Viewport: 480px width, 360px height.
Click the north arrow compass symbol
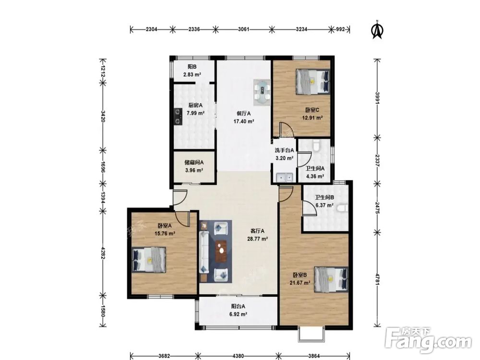(x=377, y=30)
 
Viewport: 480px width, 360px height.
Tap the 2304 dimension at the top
(x=151, y=29)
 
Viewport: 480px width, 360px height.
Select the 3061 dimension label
(x=244, y=29)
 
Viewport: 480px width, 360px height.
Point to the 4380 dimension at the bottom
(x=238, y=356)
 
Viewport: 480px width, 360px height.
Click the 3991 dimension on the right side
(x=378, y=98)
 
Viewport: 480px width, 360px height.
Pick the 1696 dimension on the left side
(x=104, y=167)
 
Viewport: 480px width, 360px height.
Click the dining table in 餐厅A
(x=263, y=92)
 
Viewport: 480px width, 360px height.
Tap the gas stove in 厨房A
(x=178, y=117)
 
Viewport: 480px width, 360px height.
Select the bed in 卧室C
(x=313, y=82)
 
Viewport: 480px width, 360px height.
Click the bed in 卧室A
(x=149, y=260)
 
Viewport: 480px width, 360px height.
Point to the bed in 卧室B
(x=331, y=279)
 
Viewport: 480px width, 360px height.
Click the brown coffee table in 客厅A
(x=221, y=252)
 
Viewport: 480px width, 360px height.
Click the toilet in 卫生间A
(x=316, y=145)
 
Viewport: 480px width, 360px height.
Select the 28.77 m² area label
(x=258, y=239)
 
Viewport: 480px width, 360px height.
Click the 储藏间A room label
(x=194, y=163)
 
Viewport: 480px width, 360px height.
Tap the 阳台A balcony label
(x=238, y=306)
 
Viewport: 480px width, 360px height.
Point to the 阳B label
(x=192, y=66)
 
